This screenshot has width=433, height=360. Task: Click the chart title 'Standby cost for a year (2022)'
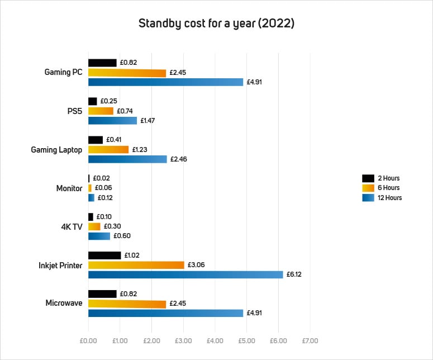pyautogui.click(x=216, y=25)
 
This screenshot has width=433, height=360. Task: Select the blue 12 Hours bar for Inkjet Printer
pyautogui.click(x=185, y=274)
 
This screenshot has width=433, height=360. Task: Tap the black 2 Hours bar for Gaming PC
pyautogui.click(x=102, y=63)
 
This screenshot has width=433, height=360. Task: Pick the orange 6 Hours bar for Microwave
pyautogui.click(x=127, y=304)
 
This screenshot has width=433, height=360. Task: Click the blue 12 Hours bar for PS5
pyautogui.click(x=112, y=120)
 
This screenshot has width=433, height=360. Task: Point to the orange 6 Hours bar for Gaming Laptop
pyautogui.click(x=108, y=149)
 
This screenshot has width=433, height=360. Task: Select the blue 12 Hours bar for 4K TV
pyautogui.click(x=99, y=236)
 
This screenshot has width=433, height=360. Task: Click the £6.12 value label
pyautogui.click(x=294, y=274)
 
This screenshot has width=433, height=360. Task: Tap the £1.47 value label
pyautogui.click(x=147, y=120)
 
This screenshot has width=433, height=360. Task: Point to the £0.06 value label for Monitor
pyautogui.click(x=103, y=188)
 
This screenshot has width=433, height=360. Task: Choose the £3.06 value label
pyautogui.click(x=195, y=265)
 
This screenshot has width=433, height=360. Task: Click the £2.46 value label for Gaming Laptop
pyautogui.click(x=178, y=159)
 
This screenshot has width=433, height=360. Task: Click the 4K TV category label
pyautogui.click(x=72, y=226)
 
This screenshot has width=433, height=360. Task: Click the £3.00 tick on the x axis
pyautogui.click(x=183, y=340)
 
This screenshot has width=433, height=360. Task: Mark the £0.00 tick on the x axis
pyautogui.click(x=88, y=340)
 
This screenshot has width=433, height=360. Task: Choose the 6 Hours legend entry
pyautogui.click(x=388, y=188)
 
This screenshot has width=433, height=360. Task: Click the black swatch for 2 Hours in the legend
pyautogui.click(x=368, y=178)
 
